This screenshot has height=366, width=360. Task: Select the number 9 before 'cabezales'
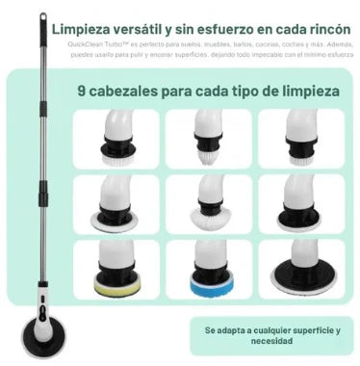pos(83,93)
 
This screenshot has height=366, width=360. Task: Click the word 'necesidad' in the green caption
pos(272,342)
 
